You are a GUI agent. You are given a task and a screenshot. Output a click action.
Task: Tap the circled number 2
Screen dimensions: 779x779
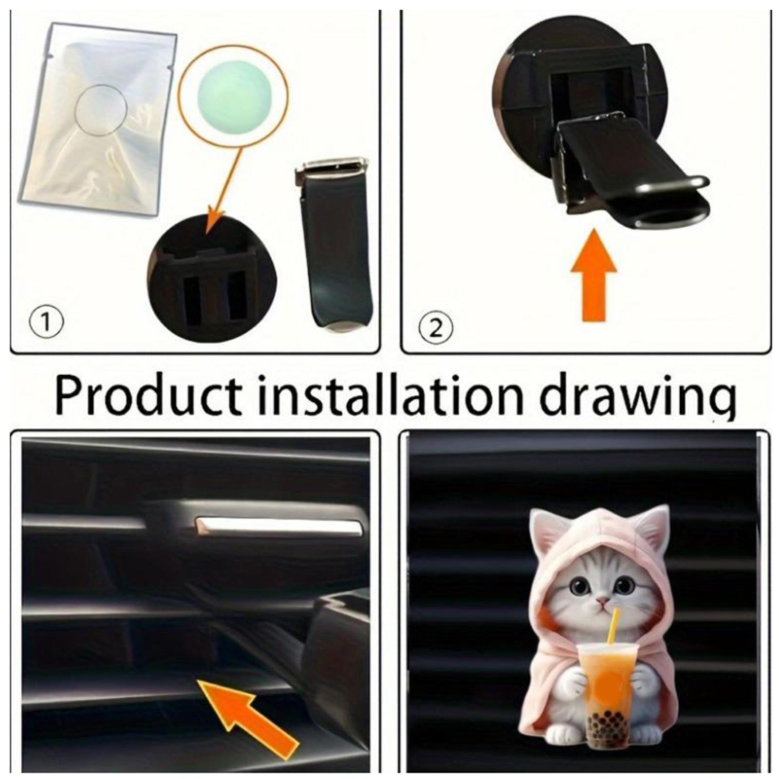[436, 329]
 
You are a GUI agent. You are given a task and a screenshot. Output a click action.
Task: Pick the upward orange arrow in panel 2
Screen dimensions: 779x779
[594, 276]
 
